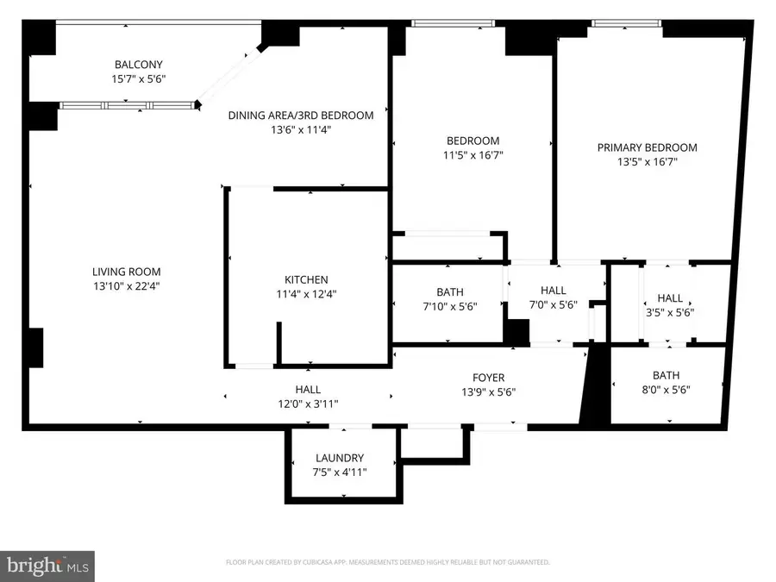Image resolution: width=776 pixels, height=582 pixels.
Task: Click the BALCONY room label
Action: coord(139,65)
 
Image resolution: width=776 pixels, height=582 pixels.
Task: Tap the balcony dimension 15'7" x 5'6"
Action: coord(139,78)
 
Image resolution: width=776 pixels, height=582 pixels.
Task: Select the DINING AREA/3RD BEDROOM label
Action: coord(301,116)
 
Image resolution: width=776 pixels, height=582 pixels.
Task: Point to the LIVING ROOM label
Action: coord(128,272)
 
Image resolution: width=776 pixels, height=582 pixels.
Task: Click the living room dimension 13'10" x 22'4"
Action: coord(128,286)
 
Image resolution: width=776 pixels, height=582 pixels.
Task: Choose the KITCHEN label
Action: coord(306,279)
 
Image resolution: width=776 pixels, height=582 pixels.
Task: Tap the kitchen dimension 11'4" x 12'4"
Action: coord(306,294)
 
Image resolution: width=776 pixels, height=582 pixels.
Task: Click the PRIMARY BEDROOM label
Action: coord(648,147)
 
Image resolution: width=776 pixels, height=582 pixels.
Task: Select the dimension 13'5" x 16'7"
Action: coord(648,162)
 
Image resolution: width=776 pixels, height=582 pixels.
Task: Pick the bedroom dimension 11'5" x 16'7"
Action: coord(472,156)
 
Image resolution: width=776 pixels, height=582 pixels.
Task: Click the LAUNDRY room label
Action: coord(340,458)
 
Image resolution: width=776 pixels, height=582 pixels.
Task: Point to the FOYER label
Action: coord(488,378)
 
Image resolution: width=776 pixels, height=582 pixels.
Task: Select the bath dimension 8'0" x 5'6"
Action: coord(666,390)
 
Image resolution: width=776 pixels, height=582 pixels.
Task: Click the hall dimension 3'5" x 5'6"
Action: coord(670,312)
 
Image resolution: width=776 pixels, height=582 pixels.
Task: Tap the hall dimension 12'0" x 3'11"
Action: coord(308,404)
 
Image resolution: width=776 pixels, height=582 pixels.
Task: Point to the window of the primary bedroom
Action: coord(626,24)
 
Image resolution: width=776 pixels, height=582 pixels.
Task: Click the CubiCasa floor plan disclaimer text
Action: coord(387,562)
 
